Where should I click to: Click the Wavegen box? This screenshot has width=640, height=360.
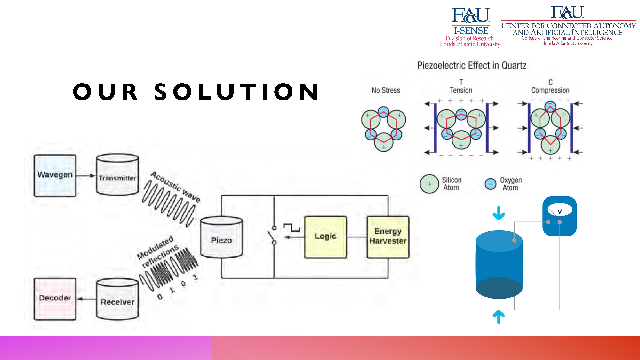click(x=55, y=175)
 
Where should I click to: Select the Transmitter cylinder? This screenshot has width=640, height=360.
click(x=117, y=174)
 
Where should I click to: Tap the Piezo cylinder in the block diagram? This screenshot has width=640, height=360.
click(x=221, y=237)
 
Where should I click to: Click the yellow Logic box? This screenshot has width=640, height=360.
click(x=325, y=237)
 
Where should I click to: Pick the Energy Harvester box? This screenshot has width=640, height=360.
click(x=388, y=237)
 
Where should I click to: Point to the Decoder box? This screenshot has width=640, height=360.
click(x=55, y=299)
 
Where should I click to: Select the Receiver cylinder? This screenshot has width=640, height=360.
click(x=117, y=299)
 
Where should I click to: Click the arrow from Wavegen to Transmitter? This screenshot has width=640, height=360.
click(x=86, y=175)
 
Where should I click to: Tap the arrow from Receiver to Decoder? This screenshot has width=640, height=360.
click(x=86, y=299)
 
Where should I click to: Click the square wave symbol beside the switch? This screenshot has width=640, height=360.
click(x=292, y=228)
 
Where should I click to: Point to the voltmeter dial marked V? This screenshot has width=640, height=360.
click(x=560, y=210)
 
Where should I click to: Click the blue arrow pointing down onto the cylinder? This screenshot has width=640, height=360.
click(x=499, y=213)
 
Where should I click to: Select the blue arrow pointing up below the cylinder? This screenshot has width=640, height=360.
click(x=499, y=317)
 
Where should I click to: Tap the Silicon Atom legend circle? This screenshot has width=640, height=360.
click(x=429, y=184)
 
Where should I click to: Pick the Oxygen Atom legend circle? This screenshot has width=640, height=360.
click(x=491, y=184)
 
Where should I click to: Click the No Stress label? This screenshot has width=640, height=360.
click(x=386, y=90)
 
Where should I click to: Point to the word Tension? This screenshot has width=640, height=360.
click(x=461, y=90)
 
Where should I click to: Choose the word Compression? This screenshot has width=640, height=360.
click(x=550, y=90)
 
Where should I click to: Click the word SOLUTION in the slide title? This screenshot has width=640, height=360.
click(x=236, y=92)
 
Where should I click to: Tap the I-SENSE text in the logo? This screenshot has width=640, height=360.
click(x=471, y=30)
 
